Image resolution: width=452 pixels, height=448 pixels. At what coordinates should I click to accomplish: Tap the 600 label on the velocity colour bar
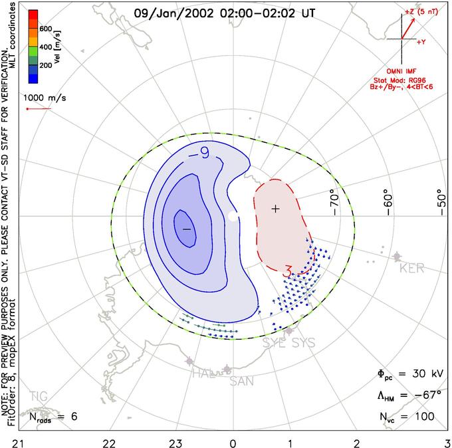click(45, 29)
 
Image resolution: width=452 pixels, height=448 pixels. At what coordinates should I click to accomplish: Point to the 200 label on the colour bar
click(45, 66)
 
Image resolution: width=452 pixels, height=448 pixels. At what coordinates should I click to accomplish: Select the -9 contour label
click(200, 154)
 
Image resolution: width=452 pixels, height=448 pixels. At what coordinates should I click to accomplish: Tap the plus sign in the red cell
click(276, 209)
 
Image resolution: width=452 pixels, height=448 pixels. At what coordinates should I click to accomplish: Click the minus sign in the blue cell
click(187, 229)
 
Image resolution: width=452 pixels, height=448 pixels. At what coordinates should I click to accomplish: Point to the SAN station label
click(242, 381)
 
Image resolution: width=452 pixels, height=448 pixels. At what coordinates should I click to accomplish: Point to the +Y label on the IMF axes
click(421, 42)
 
